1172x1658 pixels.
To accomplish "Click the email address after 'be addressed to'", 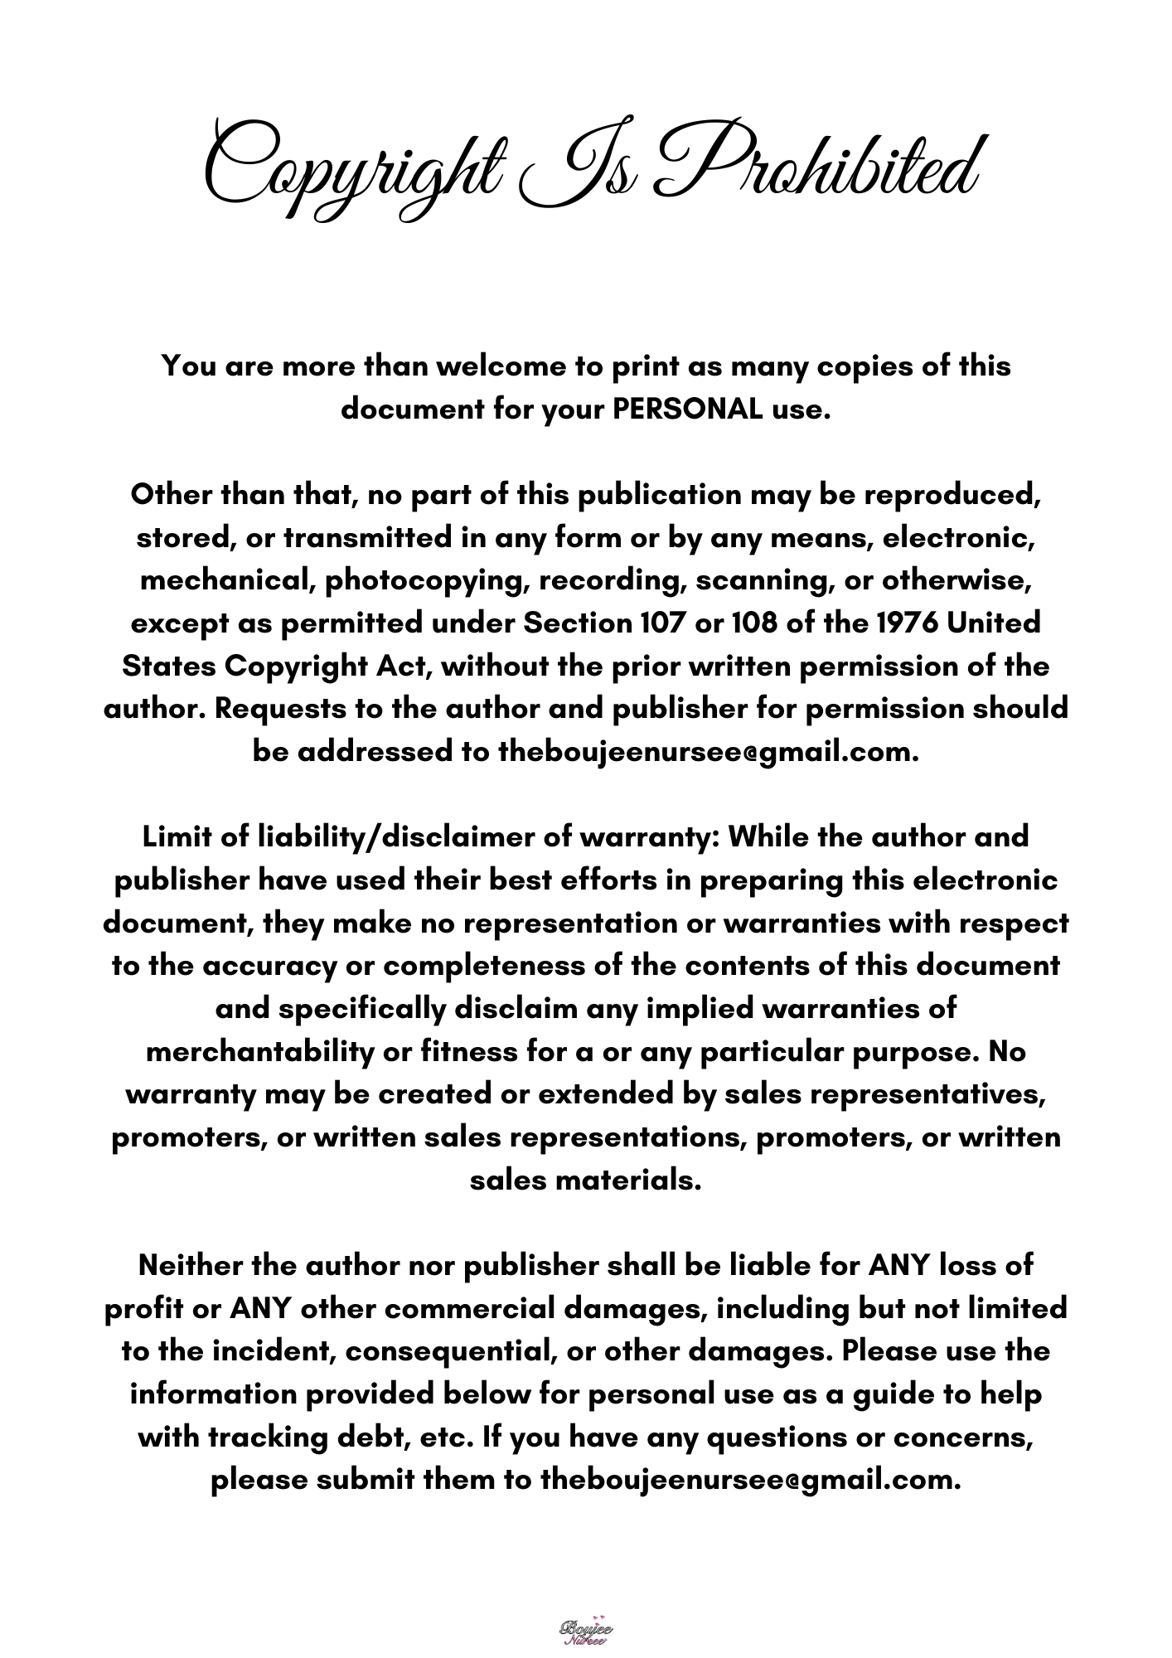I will click(x=709, y=752).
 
